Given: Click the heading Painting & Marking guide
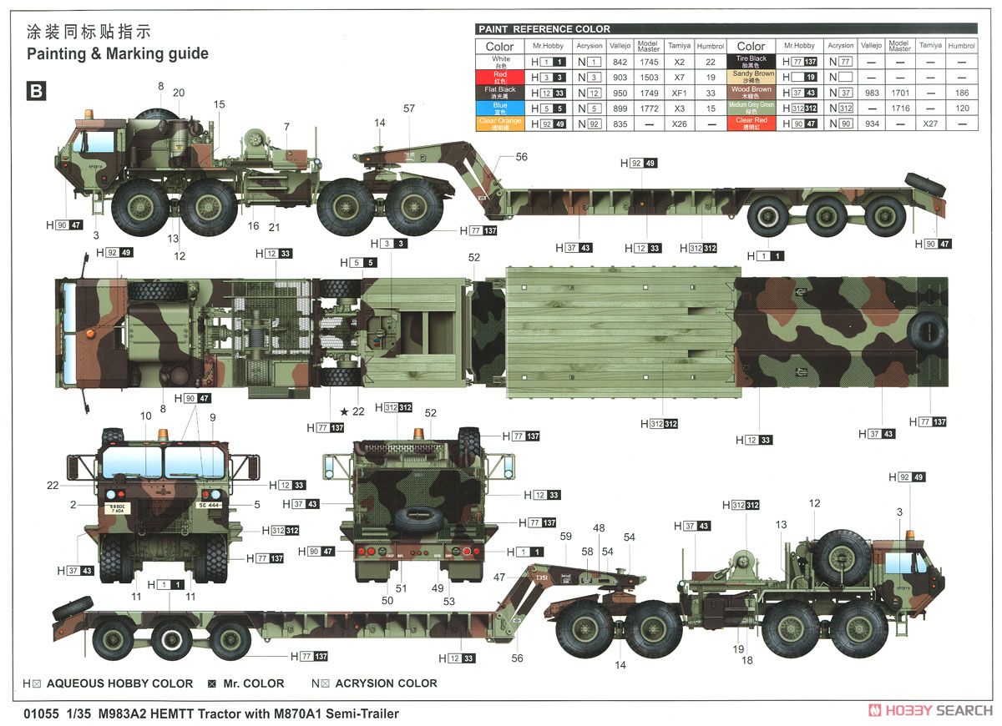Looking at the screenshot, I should (x=117, y=53).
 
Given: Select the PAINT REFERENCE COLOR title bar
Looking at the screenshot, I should (x=544, y=29).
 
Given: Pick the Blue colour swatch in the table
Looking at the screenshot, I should (x=501, y=108).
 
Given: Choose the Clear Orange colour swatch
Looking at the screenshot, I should (x=501, y=124).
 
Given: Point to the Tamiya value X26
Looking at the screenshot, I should (x=679, y=124).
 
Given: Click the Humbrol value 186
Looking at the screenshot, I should (x=962, y=93).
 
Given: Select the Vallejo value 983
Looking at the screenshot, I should (x=870, y=93).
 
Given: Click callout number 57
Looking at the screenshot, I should (x=409, y=108).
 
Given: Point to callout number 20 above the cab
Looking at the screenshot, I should (x=179, y=93).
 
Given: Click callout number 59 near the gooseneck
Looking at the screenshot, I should (x=565, y=536).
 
